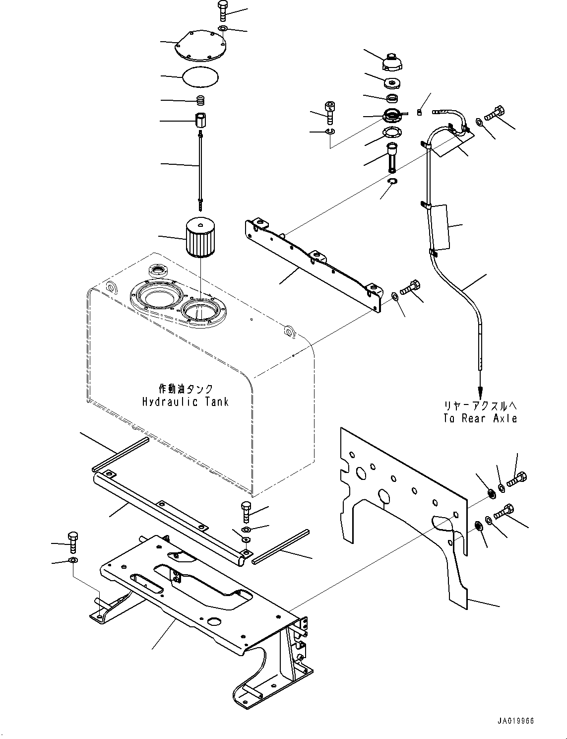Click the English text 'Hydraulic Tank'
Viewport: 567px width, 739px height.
coord(186,402)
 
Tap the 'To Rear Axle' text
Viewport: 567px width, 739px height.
coord(480,418)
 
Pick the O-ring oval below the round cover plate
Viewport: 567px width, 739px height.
coord(200,76)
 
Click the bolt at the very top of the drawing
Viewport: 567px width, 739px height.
coord(222,11)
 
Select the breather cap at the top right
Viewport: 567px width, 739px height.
coord(391,62)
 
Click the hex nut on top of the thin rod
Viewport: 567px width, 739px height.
coord(201,120)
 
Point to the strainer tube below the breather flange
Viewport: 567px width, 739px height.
coord(391,156)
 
